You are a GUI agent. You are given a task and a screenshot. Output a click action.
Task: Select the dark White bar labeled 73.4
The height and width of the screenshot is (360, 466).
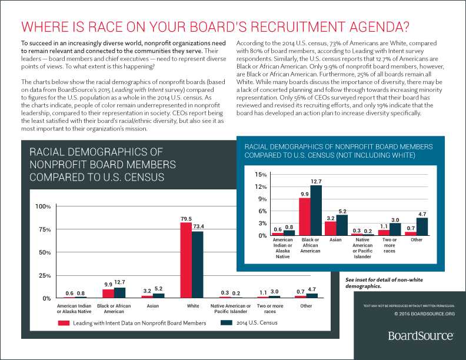point(198,264)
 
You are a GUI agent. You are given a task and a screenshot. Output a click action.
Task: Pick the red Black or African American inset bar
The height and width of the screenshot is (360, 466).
point(305,216)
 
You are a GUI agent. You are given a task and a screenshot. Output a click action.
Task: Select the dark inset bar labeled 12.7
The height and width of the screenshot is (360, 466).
point(316,210)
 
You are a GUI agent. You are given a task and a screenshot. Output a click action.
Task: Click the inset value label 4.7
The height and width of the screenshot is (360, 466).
point(422,214)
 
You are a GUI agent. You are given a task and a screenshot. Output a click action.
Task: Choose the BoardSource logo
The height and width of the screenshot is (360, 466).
point(420,335)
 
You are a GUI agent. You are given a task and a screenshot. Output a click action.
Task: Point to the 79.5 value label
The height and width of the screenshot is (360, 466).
point(186,218)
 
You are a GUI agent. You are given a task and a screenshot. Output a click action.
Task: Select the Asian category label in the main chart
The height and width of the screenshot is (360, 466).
point(152,306)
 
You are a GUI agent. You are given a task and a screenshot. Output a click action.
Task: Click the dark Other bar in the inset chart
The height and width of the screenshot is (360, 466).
point(422,226)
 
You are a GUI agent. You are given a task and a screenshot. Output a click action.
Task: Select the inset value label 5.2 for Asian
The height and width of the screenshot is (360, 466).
point(342,211)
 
